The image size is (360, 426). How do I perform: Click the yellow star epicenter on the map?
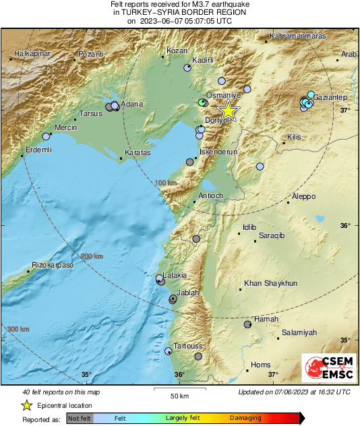point(229,111)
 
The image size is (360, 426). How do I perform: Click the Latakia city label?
point(174,275)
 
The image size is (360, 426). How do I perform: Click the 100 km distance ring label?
point(165,183)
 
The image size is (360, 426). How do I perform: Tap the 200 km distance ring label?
point(93,256)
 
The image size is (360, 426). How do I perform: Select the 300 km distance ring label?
point(18,328)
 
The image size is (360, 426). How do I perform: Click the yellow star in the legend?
point(26,405)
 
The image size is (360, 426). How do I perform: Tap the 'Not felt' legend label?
point(79,419)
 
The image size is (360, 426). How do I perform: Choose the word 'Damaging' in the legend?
point(245,419)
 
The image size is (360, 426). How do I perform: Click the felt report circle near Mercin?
point(46,136)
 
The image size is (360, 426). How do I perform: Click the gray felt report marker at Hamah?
point(247,324)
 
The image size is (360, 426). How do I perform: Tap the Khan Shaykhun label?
point(270,284)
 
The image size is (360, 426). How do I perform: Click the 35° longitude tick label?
point(86,375)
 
